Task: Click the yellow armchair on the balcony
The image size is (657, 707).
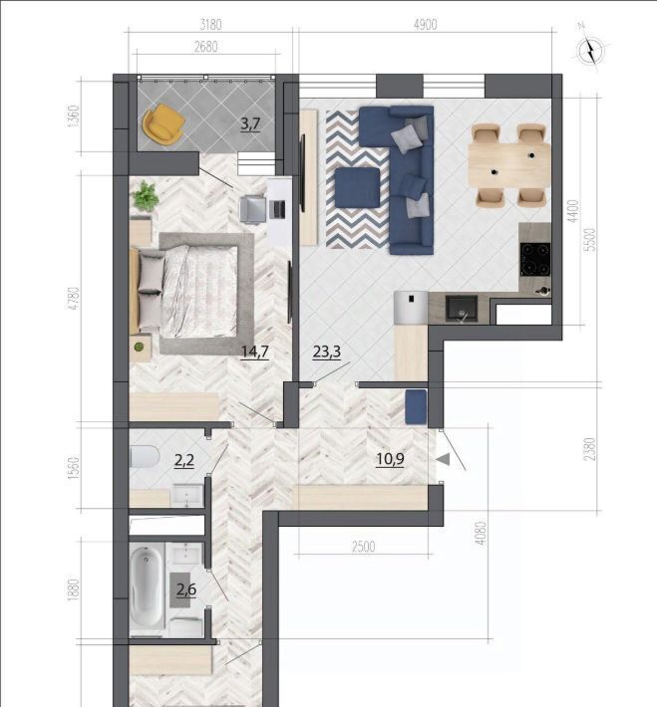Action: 164,124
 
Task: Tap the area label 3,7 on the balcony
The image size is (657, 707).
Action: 250,123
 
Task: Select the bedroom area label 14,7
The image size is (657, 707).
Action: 255,352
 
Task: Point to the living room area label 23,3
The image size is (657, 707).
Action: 326,352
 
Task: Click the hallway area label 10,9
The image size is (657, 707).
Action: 390,459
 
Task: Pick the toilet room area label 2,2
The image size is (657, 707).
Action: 184,460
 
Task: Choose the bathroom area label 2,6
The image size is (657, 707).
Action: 186,589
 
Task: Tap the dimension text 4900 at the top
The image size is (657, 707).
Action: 426,25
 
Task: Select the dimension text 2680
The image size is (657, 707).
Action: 206,47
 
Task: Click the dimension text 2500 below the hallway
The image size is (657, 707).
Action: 364,547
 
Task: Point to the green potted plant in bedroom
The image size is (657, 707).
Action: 145,196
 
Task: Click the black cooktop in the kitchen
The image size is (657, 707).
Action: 535,259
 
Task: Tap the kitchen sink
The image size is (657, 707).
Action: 462,309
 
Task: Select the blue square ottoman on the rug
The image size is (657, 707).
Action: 358,187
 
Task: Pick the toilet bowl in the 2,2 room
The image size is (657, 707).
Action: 145,457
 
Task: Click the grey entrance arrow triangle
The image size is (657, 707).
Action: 443,459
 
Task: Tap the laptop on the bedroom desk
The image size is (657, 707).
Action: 277,209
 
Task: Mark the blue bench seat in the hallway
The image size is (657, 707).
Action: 416,406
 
